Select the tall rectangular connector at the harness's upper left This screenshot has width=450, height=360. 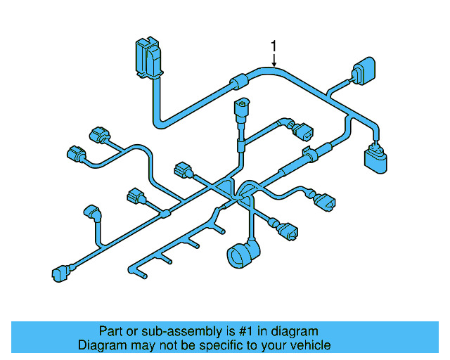(x=147, y=56)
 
